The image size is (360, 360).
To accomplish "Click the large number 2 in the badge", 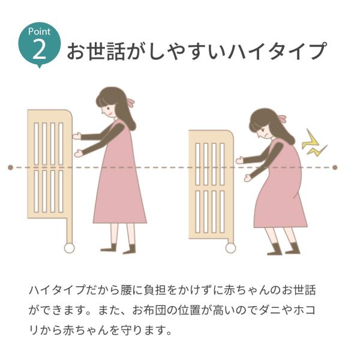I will point(40,49).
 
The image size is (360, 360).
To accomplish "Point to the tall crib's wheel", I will point(68,247).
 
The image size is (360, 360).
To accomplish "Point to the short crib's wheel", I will point(230,247).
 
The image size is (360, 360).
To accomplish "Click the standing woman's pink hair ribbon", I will point(129,101).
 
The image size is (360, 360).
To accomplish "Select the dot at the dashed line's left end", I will point(10,167).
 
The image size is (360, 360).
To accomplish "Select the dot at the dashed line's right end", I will point(335,167).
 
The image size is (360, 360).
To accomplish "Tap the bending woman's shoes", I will point(282,248).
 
